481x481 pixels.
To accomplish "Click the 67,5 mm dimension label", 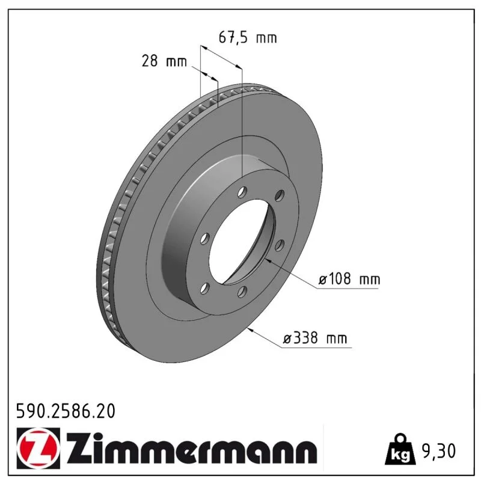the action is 248,37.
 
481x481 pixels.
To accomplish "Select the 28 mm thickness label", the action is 164,61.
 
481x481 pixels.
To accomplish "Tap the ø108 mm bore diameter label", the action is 349,279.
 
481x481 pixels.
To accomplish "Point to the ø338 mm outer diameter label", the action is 314,338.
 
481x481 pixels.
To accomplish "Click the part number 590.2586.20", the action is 66,411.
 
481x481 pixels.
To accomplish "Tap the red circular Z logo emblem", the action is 38,449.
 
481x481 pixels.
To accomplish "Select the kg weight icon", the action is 400,449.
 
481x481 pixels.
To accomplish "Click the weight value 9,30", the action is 439,451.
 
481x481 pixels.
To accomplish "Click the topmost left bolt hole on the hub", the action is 242,192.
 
